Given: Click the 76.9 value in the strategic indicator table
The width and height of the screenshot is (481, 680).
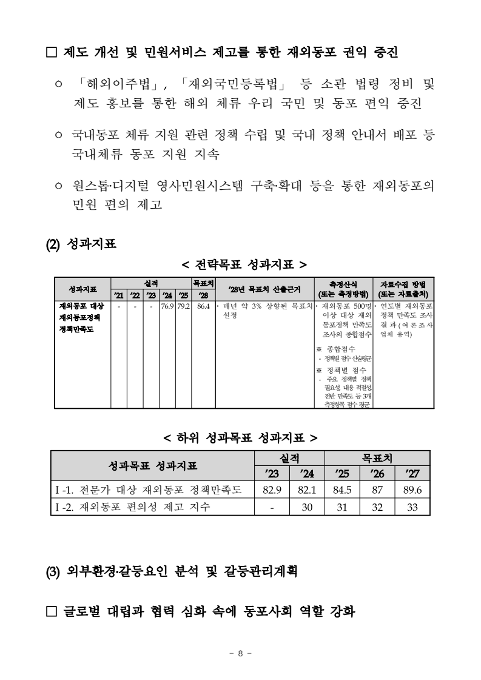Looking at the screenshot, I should [167, 306].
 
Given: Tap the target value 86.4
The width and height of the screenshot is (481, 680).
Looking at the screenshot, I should [203, 306].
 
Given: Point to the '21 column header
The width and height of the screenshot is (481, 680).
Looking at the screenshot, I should [119, 295].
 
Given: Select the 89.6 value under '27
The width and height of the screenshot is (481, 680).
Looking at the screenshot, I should [412, 490].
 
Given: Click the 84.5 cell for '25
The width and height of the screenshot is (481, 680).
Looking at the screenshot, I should [341, 490].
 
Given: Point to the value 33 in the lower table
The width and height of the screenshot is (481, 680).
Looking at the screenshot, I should [412, 507].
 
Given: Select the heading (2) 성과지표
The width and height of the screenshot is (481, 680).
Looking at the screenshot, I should [82, 244].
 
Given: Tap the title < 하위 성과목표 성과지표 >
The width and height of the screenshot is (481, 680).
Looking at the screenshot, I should [241, 436].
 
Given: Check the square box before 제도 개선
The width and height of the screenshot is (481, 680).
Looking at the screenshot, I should [52, 53].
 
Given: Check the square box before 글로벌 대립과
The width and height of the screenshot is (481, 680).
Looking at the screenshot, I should [52, 611].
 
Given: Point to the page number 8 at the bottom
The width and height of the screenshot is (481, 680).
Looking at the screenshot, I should [240, 653].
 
